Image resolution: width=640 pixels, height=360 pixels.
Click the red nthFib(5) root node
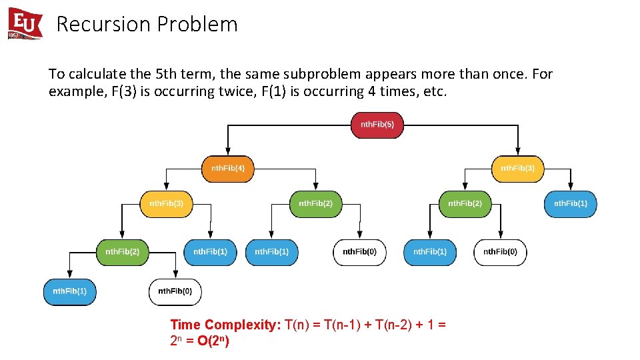click(377, 125)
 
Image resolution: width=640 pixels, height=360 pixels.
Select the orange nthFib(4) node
click(228, 169)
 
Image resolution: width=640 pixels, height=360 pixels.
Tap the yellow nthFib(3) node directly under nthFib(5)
click(517, 169)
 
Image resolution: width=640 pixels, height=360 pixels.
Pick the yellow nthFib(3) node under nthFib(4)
click(166, 203)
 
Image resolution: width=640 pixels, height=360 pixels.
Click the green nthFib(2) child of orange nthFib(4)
click(315, 203)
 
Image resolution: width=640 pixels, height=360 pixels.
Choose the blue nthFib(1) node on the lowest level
click(69, 291)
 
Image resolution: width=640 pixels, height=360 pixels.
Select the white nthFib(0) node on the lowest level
click(175, 291)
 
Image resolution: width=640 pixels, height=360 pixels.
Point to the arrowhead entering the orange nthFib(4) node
click(229, 153)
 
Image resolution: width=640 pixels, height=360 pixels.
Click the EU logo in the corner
click(25, 24)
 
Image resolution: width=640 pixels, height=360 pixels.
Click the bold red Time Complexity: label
click(225, 325)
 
